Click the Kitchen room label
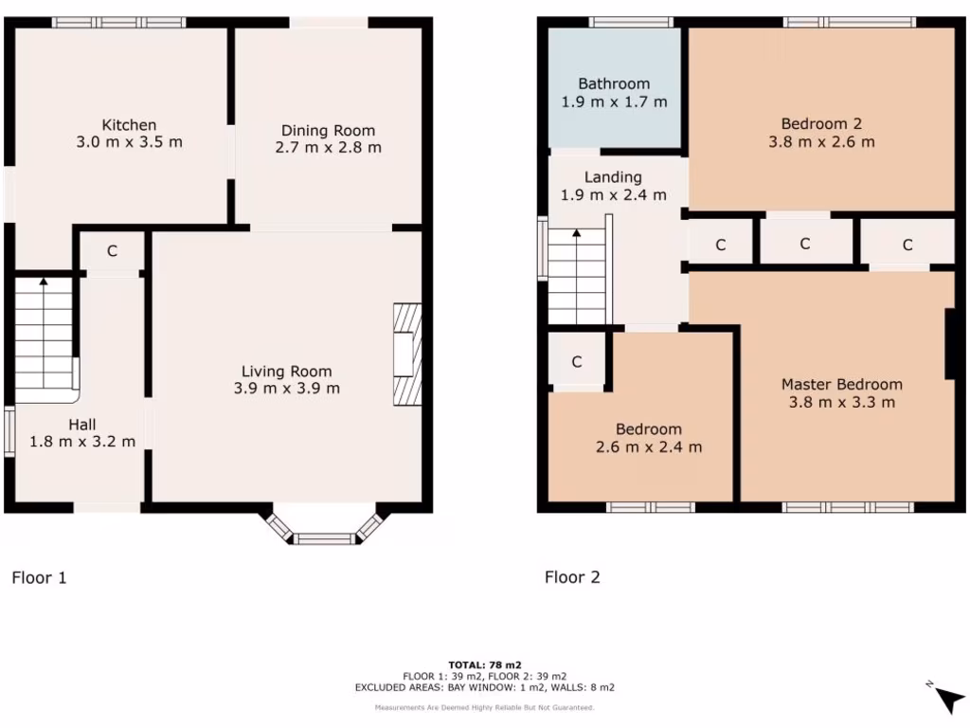[x=129, y=125]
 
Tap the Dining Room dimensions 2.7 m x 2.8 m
[x=328, y=147]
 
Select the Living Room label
[x=286, y=371]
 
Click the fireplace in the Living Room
[x=406, y=355]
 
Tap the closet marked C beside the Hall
[x=112, y=251]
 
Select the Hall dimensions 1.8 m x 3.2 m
[x=82, y=441]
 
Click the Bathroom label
[x=614, y=83]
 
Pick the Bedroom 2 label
[x=821, y=123]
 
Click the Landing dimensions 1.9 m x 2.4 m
[x=613, y=194]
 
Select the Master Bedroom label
[x=841, y=384]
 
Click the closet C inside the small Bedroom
[x=576, y=361]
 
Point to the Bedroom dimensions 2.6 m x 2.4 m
[x=649, y=447]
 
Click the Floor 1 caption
[x=39, y=576]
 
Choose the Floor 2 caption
[x=572, y=576]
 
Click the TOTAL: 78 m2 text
[x=485, y=664]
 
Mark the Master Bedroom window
[x=848, y=507]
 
